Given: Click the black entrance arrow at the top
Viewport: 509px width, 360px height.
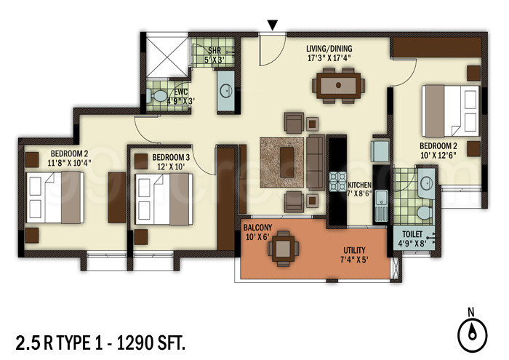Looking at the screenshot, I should pyautogui.click(x=273, y=25).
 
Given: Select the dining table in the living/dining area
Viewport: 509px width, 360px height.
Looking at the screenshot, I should pyautogui.click(x=339, y=84).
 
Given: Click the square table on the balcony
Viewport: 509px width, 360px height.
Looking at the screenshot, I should pyautogui.click(x=282, y=249).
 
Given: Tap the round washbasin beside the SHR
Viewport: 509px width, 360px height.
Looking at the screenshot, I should pyautogui.click(x=226, y=92).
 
